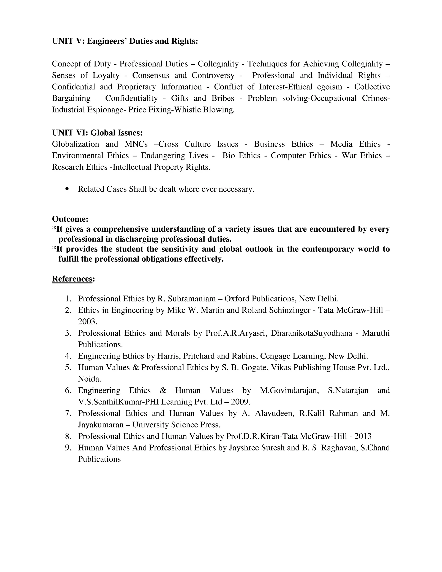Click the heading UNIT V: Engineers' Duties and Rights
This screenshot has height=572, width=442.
point(125,41)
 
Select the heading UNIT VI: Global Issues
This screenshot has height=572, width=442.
point(97,133)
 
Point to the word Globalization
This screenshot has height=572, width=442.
point(75,144)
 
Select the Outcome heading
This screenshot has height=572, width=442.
point(70,219)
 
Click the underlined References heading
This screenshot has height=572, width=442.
point(72,279)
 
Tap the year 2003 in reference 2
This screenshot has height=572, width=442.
point(87,321)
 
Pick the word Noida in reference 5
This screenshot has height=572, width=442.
point(89,379)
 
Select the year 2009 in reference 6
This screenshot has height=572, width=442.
point(240,402)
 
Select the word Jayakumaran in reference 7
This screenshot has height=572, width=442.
point(101,425)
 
